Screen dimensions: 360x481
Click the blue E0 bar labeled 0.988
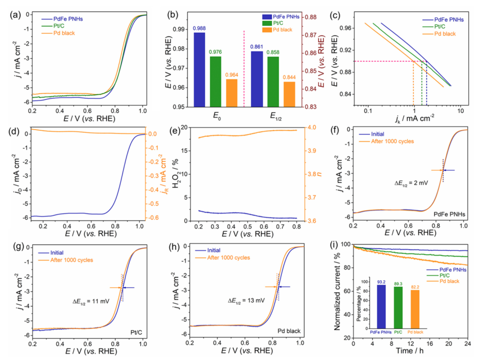tap(199, 69)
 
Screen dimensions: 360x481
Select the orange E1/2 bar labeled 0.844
tap(289, 94)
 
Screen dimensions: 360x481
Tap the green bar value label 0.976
tap(215, 52)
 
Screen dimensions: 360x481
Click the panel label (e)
tap(174, 131)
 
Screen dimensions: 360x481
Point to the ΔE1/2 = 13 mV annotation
tap(246, 301)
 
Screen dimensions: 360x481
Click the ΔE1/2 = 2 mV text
tap(411, 183)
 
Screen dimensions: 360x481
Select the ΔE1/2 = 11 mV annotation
tap(91, 301)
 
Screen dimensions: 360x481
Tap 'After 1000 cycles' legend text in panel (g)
tap(71, 260)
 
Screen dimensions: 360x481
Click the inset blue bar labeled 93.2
tap(381, 306)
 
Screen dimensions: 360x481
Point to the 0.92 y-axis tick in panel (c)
tap(346, 50)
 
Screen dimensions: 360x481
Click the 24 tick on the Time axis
tap(467, 344)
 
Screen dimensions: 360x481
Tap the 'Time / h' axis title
tap(409, 351)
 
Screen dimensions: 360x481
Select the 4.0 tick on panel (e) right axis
tap(312, 127)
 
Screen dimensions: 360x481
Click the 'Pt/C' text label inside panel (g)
tap(136, 332)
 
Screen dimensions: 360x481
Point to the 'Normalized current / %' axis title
tap(337, 291)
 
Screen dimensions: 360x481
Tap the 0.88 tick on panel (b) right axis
tap(311, 17)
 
